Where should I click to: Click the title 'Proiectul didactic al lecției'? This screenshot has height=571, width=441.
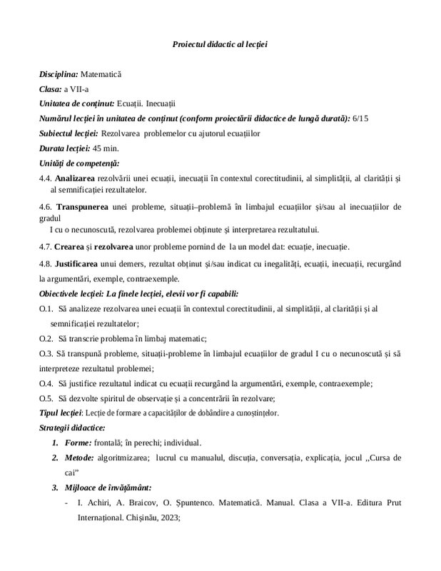[220, 44]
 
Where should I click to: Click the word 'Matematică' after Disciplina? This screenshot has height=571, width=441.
[101, 74]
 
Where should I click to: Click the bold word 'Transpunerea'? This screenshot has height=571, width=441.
[82, 207]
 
